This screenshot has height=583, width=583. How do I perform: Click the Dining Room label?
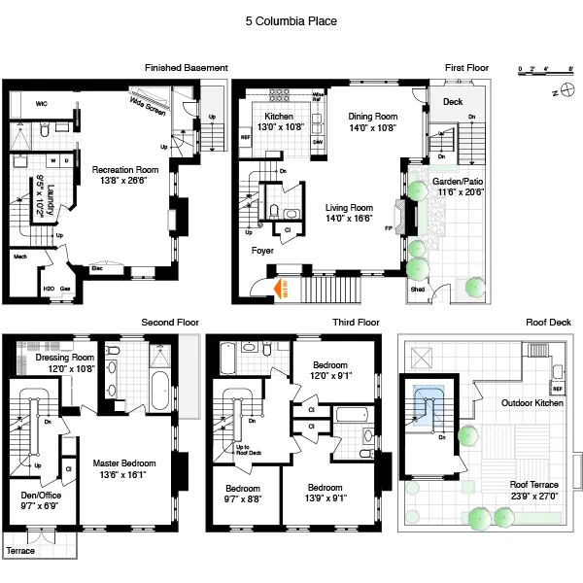[x=373, y=116]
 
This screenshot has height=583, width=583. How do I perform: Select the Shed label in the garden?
[x=417, y=289]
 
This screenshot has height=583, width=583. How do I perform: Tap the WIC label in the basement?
[x=42, y=102]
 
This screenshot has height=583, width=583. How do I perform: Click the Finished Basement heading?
[x=186, y=68]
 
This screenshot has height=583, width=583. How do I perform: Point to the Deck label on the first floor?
[x=452, y=102]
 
